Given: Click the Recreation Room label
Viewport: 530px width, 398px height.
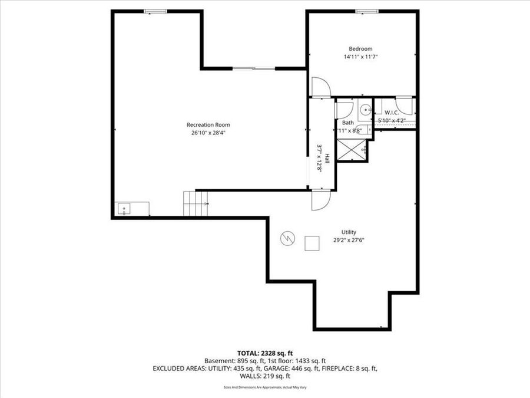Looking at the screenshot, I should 208,124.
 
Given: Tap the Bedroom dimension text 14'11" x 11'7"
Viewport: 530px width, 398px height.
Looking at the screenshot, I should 360,57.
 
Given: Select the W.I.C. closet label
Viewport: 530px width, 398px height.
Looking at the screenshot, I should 392,112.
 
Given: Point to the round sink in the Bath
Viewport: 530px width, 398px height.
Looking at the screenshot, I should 365,109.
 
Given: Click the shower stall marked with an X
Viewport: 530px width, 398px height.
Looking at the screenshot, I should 352,149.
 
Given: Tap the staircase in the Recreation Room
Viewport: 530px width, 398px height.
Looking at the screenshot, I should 195,204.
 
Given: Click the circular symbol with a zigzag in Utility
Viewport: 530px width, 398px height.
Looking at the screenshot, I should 287,238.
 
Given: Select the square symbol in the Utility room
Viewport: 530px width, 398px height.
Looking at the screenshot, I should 311,243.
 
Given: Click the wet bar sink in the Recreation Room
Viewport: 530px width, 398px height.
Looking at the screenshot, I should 125,208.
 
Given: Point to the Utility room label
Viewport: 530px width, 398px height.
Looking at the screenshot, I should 349,232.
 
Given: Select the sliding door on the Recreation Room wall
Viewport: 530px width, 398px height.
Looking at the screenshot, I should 254,69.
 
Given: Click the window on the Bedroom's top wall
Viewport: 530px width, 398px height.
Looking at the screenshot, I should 366,11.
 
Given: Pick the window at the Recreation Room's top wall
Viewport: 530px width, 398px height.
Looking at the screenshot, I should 155,11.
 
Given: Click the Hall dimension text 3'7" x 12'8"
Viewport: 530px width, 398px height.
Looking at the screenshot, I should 320,159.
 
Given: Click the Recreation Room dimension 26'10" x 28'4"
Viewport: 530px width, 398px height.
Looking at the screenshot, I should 208,133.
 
